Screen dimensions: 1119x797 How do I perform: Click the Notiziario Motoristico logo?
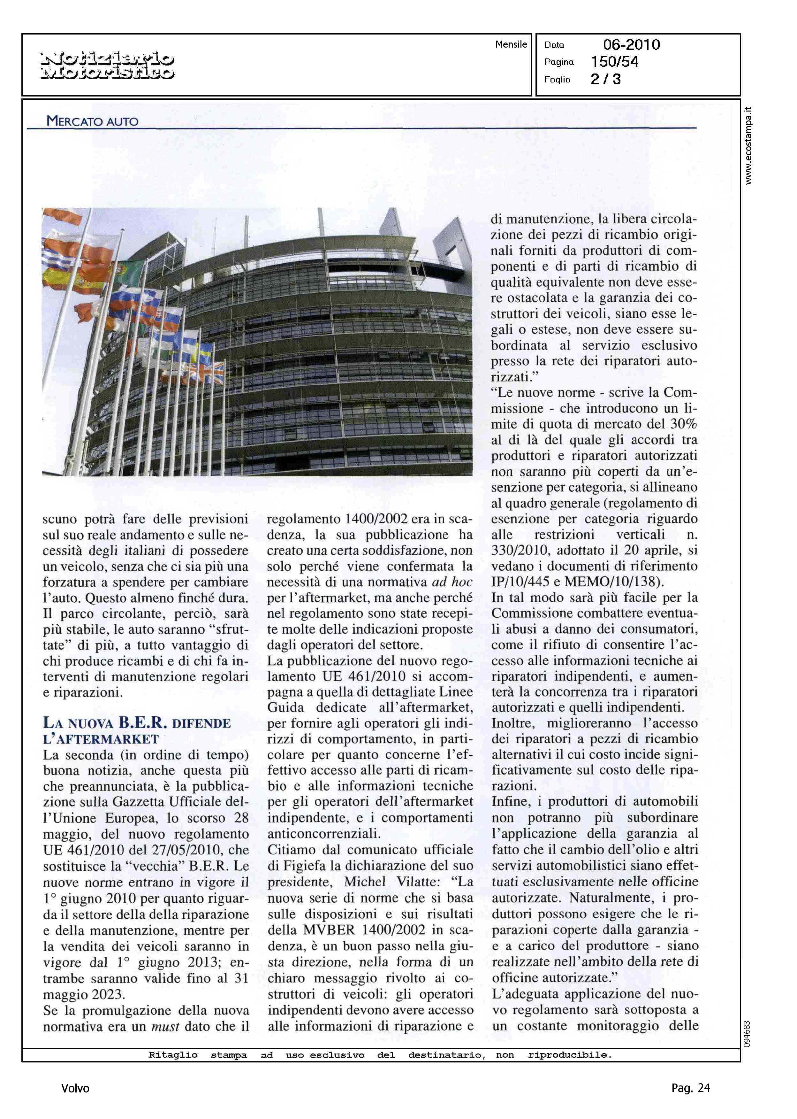point(107,66)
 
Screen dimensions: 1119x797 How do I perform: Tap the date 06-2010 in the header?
point(631,45)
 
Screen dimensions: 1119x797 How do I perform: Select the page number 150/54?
point(614,62)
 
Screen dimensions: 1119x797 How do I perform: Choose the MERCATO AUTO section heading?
point(92,121)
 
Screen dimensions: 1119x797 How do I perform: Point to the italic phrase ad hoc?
point(452,582)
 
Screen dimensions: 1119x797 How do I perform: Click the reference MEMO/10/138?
point(613,582)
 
